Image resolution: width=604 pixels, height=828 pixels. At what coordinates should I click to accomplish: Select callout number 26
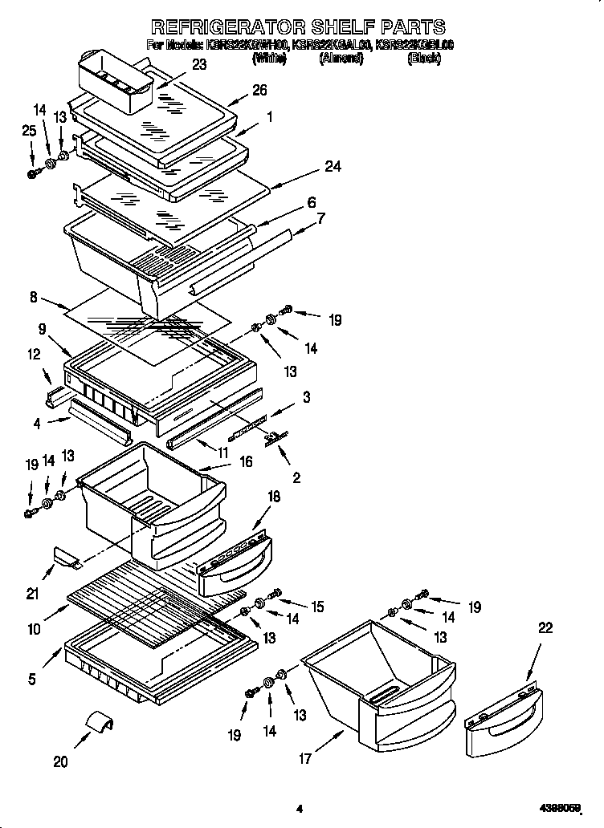[259, 91]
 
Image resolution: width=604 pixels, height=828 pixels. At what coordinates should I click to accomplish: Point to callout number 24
[333, 167]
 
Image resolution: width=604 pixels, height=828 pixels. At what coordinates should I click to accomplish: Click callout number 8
[34, 297]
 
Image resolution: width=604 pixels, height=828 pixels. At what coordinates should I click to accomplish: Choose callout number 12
[35, 354]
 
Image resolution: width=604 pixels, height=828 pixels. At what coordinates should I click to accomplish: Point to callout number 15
[317, 607]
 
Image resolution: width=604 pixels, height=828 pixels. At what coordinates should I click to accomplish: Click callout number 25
[30, 130]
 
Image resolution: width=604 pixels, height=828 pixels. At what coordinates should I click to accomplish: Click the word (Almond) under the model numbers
[341, 59]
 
